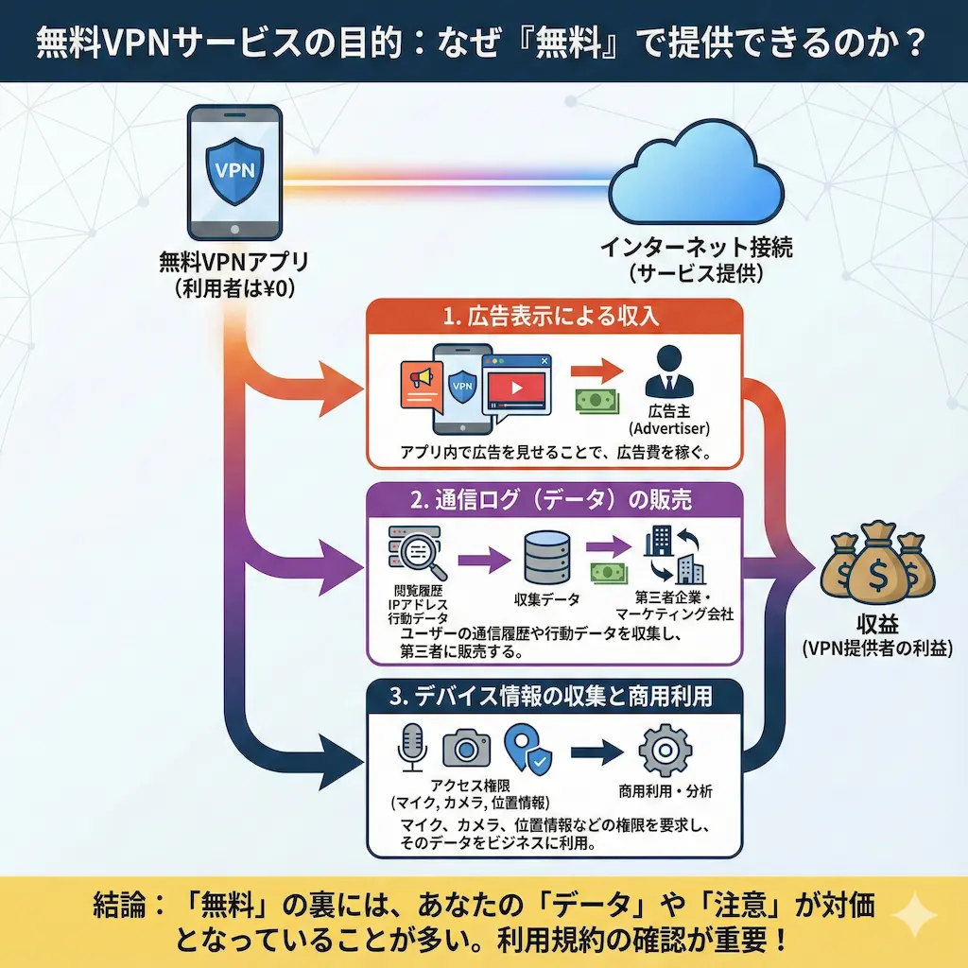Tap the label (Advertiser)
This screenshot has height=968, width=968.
pyautogui.click(x=668, y=428)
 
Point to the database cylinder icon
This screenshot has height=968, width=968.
pyautogui.click(x=546, y=559)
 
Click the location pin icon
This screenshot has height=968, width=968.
pyautogui.click(x=526, y=747)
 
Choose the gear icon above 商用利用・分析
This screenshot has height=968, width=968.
pyautogui.click(x=665, y=748)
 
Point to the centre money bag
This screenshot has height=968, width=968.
pyautogui.click(x=876, y=567)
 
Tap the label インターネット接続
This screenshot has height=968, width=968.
pyautogui.click(x=697, y=249)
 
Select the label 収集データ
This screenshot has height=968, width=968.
pyautogui.click(x=546, y=599)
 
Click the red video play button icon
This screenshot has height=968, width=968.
pyautogui.click(x=515, y=386)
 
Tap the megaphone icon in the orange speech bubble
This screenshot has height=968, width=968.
pyautogui.click(x=420, y=378)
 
